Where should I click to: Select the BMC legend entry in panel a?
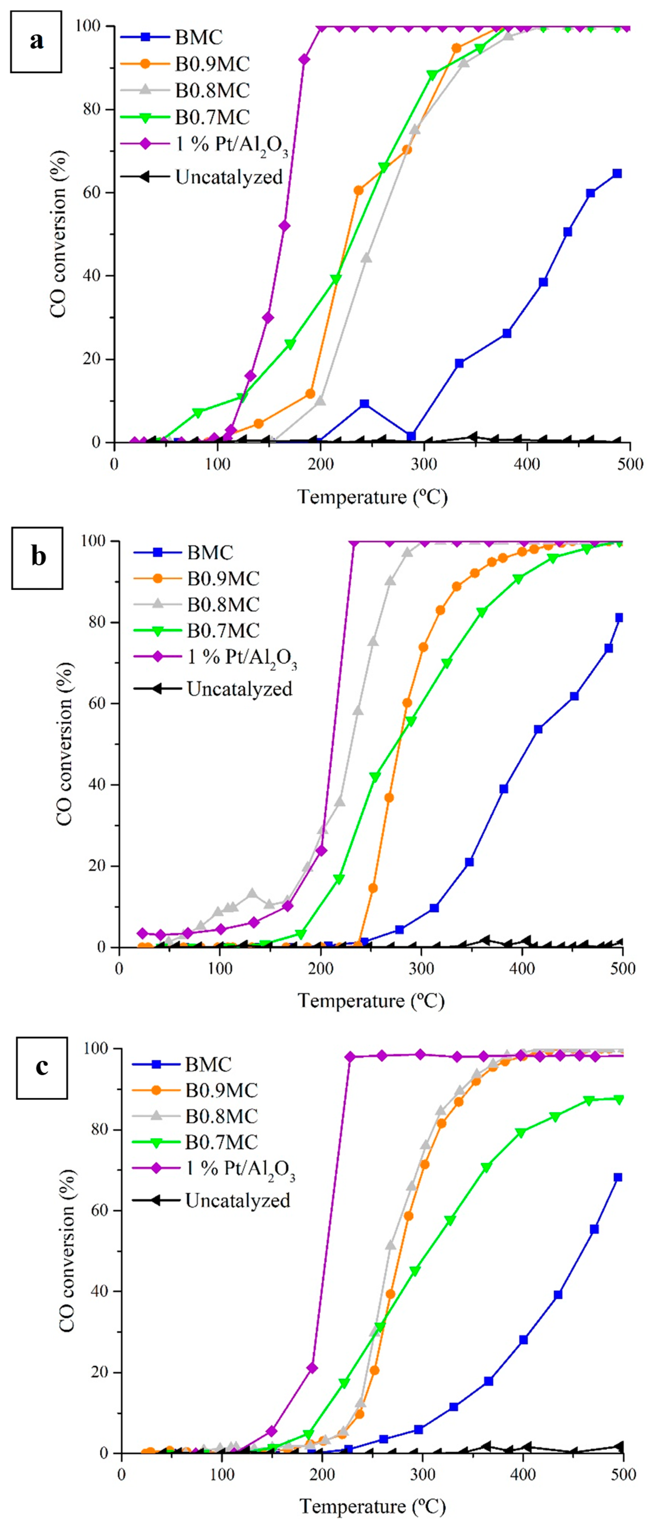click(172, 37)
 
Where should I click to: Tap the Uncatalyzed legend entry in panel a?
click(202, 177)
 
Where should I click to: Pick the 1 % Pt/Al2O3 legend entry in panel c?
click(213, 1169)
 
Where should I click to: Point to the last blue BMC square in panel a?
click(617, 173)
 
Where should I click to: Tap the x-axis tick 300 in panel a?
click(423, 464)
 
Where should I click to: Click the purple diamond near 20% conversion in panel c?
click(312, 1368)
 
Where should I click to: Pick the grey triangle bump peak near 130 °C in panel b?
click(252, 893)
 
